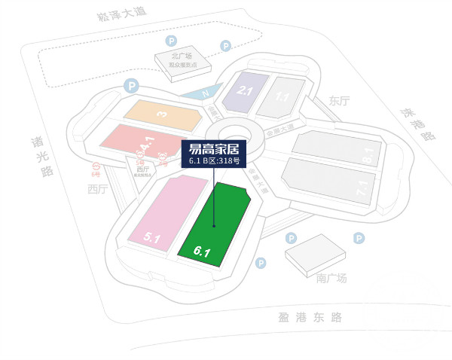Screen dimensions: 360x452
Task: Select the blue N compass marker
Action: [204, 94]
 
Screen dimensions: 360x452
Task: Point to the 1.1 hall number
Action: [282, 96]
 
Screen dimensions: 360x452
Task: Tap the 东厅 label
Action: [340, 101]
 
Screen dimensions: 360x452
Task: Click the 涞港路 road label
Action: [418, 124]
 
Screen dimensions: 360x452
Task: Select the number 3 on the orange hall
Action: [160, 114]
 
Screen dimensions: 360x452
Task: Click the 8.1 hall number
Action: [368, 156]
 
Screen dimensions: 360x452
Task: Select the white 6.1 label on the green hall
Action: [201, 252]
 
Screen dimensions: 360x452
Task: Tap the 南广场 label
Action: [331, 279]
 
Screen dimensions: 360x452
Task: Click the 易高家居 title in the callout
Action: [213, 148]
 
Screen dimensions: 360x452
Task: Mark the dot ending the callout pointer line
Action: [214, 225]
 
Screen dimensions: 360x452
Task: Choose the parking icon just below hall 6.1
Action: [261, 263]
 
